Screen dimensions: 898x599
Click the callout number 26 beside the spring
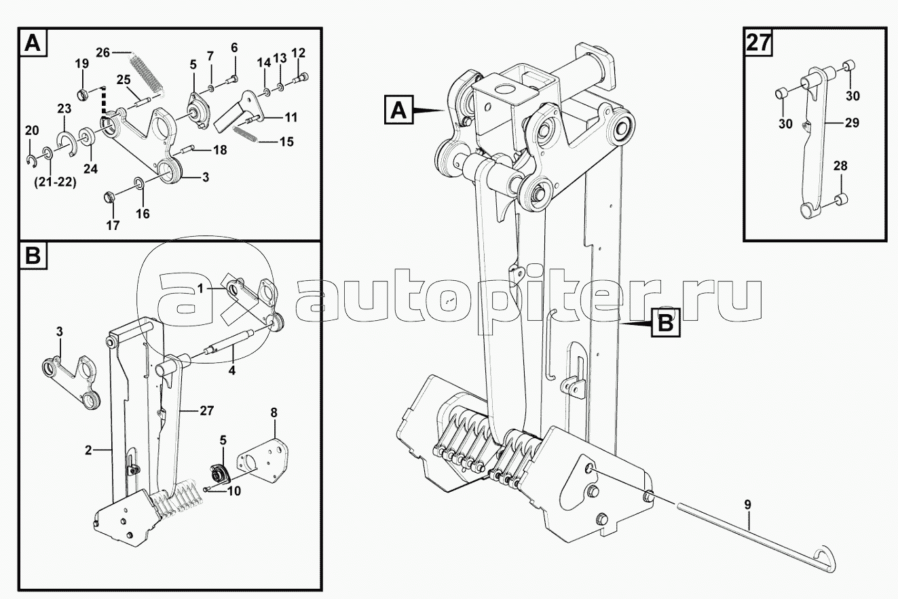(102, 52)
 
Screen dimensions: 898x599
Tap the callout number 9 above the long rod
(748, 505)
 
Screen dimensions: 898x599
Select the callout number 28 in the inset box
(840, 166)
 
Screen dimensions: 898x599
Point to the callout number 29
(852, 123)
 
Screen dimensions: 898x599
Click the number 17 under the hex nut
(113, 226)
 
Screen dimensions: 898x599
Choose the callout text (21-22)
(56, 182)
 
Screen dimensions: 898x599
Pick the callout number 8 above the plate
(274, 412)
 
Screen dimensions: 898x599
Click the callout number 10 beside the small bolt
(234, 491)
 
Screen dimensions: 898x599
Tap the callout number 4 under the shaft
(231, 370)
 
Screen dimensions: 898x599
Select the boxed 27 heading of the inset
(758, 43)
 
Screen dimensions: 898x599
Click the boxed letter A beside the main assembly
(398, 109)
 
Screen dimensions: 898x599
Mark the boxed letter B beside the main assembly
(665, 322)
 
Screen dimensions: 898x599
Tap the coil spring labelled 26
(147, 75)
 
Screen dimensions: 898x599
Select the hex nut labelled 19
(82, 96)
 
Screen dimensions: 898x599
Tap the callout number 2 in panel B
(88, 450)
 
